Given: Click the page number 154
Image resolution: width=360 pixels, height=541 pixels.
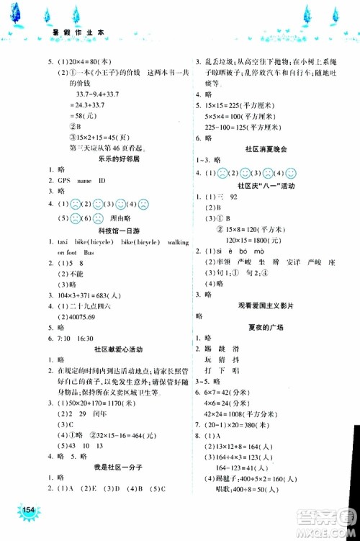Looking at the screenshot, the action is coord(28,511).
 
